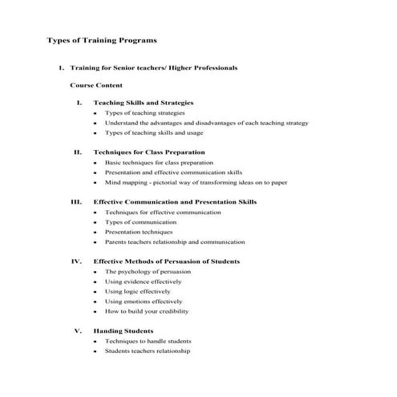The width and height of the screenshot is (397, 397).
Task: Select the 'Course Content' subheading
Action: [x=96, y=84]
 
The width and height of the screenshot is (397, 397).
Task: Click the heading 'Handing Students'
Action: [x=124, y=330]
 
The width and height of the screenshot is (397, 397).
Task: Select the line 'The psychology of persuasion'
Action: [x=149, y=272]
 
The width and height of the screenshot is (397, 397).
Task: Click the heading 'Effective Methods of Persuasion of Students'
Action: [x=166, y=261]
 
